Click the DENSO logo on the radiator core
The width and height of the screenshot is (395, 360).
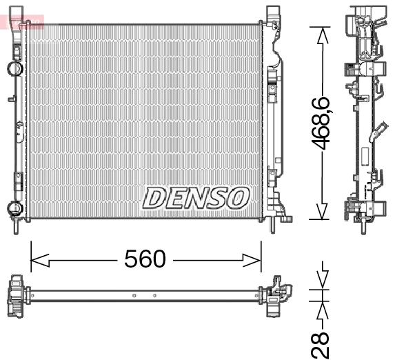coord(195,198)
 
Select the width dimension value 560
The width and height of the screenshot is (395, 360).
coord(145,259)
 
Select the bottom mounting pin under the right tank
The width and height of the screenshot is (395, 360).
coord(273,224)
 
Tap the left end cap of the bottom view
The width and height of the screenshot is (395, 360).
coord(17,297)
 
